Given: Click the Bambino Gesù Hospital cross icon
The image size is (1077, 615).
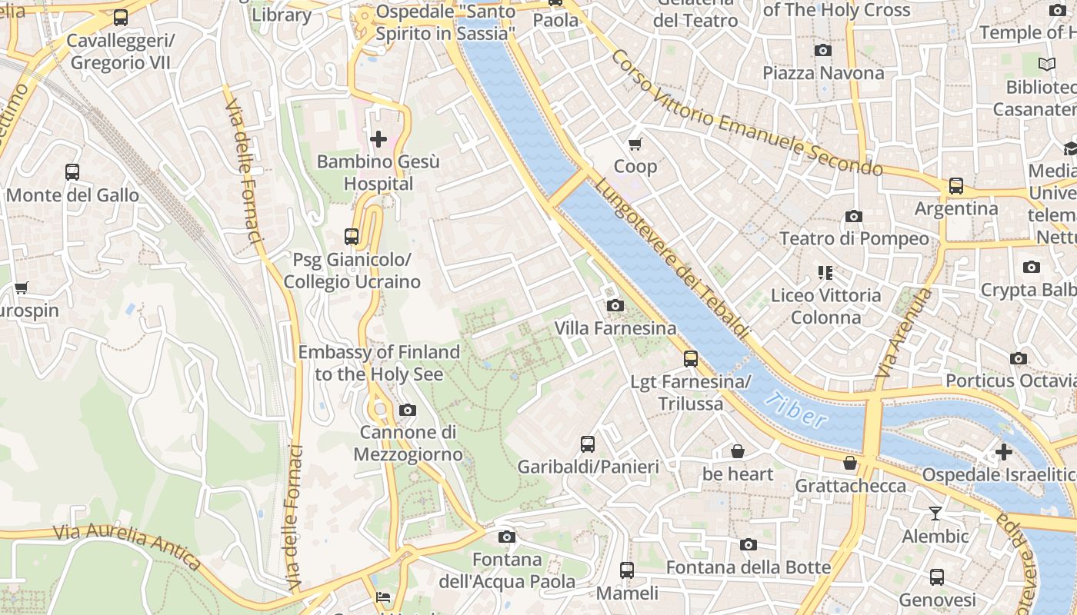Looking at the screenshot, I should coord(378,139).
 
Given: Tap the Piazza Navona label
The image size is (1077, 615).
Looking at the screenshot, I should coord(823,73).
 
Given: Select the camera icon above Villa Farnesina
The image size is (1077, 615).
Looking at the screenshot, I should coord(615,306).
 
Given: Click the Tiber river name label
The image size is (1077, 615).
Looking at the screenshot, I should coord(797,411).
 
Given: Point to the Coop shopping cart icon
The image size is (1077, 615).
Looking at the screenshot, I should coord(635,144).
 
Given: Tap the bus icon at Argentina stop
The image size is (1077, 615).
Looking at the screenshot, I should coord(955,186).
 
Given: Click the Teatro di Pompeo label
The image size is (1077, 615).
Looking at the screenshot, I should coord(854,239).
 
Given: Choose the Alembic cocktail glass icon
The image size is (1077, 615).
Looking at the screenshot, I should coord(935,514).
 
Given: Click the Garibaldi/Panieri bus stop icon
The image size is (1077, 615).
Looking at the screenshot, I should coord(588,444).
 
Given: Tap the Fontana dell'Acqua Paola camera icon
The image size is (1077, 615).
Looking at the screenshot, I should coord(506,537).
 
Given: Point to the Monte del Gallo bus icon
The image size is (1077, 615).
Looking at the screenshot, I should coord(72,172).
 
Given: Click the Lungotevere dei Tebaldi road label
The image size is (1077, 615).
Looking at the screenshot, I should coord(671,258).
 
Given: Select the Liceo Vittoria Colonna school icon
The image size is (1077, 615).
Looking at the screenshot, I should coord(825,273).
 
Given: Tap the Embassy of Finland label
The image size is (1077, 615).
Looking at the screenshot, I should coord(378,363).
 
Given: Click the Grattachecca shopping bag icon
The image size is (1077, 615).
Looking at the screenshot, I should coord(850,463).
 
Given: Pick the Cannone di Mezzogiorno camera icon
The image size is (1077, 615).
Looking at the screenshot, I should coord(408,411).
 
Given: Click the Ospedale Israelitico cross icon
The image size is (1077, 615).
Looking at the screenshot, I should coord(1003,452).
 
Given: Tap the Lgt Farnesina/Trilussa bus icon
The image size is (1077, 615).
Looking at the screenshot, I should coord(691,359).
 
